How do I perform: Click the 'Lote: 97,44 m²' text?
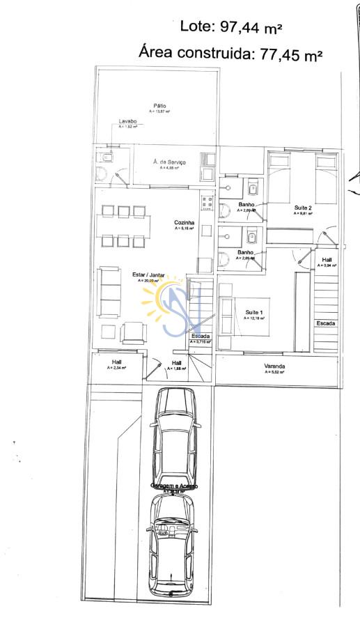pyautogui.click(x=230, y=28)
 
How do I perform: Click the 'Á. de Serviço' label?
pyautogui.click(x=169, y=162)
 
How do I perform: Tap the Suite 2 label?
pyautogui.click(x=302, y=208)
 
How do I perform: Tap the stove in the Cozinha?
pyautogui.click(x=206, y=202)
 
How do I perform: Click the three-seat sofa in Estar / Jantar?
pyautogui.click(x=109, y=291)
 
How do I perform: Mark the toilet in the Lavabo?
pyautogui.click(x=106, y=158)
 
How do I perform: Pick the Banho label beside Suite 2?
pyautogui.click(x=246, y=204)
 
